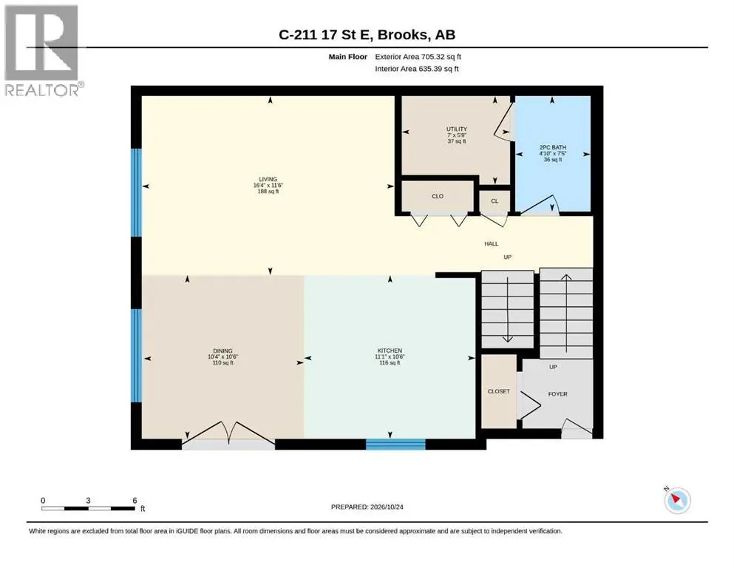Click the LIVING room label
(x=268, y=179)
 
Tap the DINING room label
(x=222, y=351)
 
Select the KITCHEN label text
(x=390, y=351)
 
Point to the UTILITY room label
(x=456, y=129)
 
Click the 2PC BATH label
(x=553, y=147)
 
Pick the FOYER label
(x=557, y=394)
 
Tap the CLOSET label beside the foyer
(x=498, y=391)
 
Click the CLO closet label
(x=438, y=196)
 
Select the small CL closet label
(x=495, y=201)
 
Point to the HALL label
(x=491, y=243)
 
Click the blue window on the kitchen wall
(x=395, y=444)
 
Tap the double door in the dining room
(x=228, y=436)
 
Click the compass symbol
(x=677, y=500)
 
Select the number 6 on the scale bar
(x=135, y=500)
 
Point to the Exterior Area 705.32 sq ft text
(x=418, y=57)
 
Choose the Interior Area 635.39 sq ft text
(x=417, y=69)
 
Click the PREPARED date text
(x=367, y=507)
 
